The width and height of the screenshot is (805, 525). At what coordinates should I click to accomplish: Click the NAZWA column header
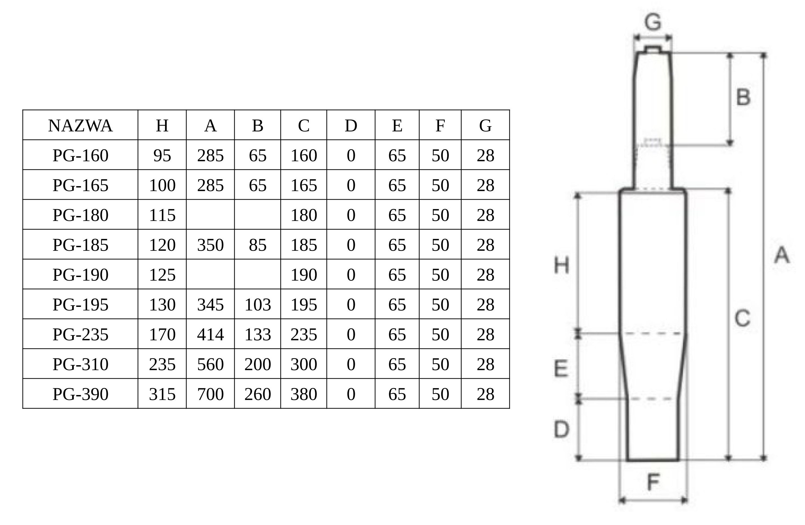tap(80, 126)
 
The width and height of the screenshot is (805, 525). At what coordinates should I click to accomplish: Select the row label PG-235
tap(80, 335)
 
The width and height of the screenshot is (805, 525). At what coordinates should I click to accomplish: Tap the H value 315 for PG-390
tap(162, 394)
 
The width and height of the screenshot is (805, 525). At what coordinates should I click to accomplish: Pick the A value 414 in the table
tap(210, 335)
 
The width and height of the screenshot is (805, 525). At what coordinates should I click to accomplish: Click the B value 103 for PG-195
tap(257, 305)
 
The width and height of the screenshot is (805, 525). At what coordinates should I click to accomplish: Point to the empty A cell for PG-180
tap(210, 215)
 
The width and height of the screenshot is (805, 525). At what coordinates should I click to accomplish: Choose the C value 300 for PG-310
tap(304, 364)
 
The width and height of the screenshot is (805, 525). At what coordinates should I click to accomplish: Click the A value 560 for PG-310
tap(210, 364)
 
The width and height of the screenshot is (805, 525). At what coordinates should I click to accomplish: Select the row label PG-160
tap(80, 155)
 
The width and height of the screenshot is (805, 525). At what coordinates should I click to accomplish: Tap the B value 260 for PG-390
tap(257, 394)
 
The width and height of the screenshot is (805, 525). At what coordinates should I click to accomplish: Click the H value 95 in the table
tap(162, 155)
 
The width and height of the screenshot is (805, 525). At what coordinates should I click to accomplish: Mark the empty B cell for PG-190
tap(257, 274)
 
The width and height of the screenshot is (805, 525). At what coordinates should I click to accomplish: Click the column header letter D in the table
tap(351, 126)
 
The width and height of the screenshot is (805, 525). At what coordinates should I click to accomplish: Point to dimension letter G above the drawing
tap(653, 22)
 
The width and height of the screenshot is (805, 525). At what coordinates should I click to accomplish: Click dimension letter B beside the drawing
tap(743, 97)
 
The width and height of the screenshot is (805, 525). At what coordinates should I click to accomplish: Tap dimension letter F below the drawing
tap(653, 482)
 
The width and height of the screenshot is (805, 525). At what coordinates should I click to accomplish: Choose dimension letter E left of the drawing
tap(561, 368)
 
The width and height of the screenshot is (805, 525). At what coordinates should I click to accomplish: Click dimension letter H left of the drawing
tap(562, 265)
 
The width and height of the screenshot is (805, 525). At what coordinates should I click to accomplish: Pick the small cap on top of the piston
tap(653, 49)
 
